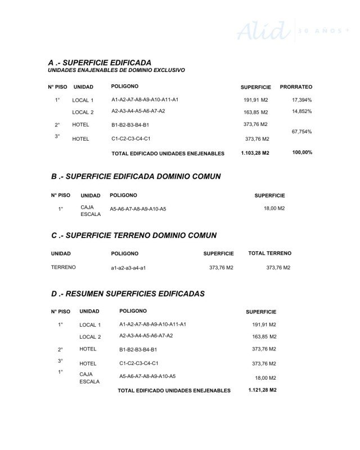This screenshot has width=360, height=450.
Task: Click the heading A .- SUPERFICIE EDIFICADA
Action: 100,62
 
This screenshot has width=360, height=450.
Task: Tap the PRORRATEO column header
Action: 296,87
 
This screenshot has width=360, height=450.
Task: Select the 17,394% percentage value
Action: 301,100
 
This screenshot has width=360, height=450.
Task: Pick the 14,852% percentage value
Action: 301,111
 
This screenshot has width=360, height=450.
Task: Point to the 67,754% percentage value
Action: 301,131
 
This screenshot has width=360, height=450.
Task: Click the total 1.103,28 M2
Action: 255,153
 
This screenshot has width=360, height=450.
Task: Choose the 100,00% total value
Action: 302,152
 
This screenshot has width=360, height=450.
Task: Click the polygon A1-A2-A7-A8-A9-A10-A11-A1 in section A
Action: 145,100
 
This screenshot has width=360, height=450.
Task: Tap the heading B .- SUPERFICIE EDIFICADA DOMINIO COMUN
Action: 136,177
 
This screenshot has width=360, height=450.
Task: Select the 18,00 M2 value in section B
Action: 274,208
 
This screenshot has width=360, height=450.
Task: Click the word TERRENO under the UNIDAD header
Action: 63,267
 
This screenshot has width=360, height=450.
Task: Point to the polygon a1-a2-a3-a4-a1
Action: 128,268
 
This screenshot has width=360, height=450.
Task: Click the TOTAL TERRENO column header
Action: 269,254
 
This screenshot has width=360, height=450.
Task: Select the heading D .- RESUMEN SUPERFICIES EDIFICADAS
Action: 128,294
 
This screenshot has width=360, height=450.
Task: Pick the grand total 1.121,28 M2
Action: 262,390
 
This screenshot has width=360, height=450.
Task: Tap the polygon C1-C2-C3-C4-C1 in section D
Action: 139,363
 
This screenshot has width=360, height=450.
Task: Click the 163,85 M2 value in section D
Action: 264,337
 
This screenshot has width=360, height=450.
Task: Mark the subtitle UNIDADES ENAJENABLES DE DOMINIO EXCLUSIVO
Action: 116,70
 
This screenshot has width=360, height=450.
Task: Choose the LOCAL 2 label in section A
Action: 83,112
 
